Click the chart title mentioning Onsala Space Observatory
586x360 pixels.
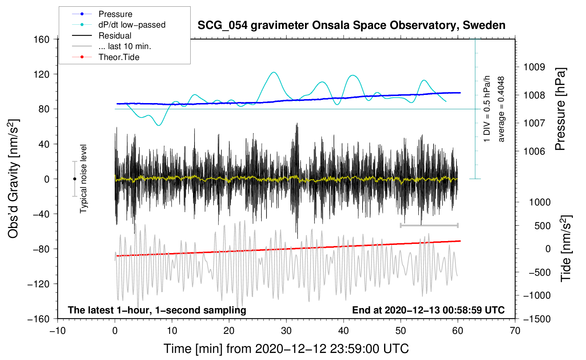(351, 25)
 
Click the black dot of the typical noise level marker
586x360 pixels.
(74, 179)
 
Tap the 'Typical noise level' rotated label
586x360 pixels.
(83, 179)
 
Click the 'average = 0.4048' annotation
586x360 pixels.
(501, 109)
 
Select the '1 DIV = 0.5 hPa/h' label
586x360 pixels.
(486, 109)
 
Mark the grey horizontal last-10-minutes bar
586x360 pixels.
(429, 225)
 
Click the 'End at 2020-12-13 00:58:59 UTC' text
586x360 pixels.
(428, 310)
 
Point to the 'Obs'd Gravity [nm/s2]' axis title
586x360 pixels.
(13, 179)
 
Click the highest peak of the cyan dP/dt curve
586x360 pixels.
(274, 72)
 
